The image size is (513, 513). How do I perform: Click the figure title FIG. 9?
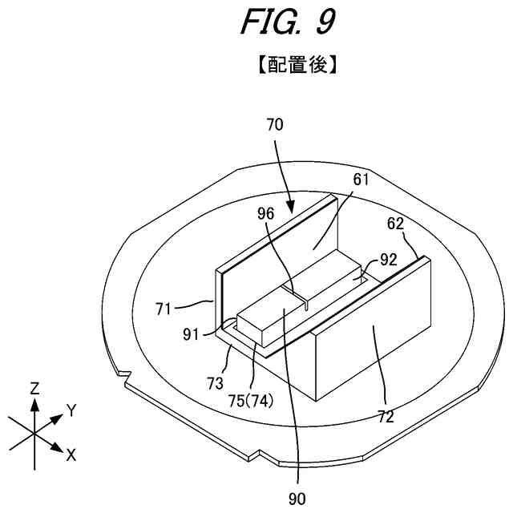click(x=286, y=22)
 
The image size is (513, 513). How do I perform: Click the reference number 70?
click(x=273, y=125)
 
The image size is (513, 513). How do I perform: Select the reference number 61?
click(x=361, y=180)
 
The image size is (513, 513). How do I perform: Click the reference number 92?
click(x=389, y=259)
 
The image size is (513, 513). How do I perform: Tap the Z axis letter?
click(x=34, y=389)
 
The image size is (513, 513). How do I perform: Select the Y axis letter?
click(x=71, y=410)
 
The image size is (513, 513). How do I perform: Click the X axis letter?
click(x=71, y=455)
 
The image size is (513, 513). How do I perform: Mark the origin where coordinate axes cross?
click(x=34, y=434)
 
